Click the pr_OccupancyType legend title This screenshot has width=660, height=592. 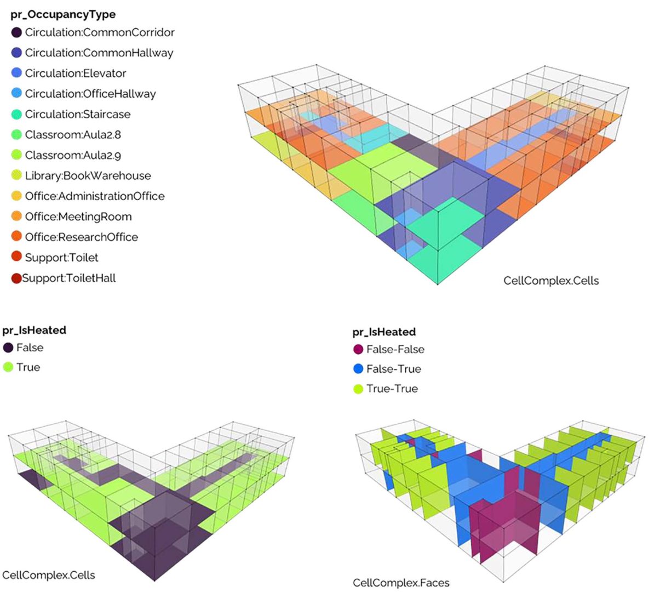click(63, 15)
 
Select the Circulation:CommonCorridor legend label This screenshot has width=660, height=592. click(100, 32)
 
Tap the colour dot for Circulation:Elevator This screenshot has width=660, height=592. click(16, 73)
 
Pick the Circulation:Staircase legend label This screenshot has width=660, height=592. click(78, 114)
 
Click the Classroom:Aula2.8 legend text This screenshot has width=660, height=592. click(73, 135)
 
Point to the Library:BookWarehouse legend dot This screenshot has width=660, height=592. click(16, 175)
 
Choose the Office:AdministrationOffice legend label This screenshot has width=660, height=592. click(95, 196)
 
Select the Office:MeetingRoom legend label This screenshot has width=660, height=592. click(78, 217)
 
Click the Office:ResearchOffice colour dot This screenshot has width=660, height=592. click(16, 236)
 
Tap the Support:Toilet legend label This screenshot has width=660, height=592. click(61, 258)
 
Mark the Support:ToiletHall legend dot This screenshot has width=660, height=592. click(16, 278)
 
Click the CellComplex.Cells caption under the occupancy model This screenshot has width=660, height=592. click(551, 281)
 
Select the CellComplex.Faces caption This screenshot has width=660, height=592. click(401, 583)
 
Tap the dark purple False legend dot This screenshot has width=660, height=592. click(8, 348)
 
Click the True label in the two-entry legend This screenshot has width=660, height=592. click(28, 367)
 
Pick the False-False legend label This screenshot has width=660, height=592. click(395, 350)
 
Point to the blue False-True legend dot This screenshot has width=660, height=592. click(358, 369)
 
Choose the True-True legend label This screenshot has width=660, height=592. click(392, 389)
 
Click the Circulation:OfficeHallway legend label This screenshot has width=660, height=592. click(90, 94)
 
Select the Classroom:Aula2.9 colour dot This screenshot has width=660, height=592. click(16, 155)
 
